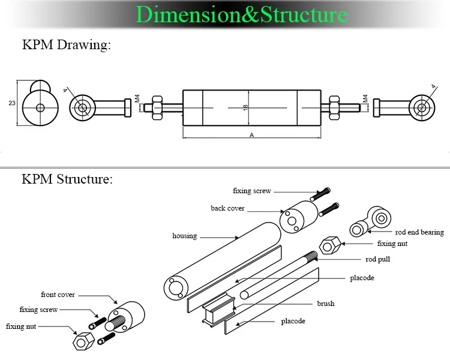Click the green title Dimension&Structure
(242, 14)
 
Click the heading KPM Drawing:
(67, 46)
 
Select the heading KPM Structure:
(67, 179)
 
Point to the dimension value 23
(11, 103)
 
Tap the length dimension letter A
(251, 136)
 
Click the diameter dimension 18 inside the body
(245, 106)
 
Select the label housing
(184, 236)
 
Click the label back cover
(227, 208)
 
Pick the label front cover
(58, 295)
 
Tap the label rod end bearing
(419, 232)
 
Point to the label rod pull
(378, 259)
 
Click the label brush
(326, 304)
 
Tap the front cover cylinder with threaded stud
(128, 317)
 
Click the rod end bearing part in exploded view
(371, 222)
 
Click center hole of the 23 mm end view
(40, 108)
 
